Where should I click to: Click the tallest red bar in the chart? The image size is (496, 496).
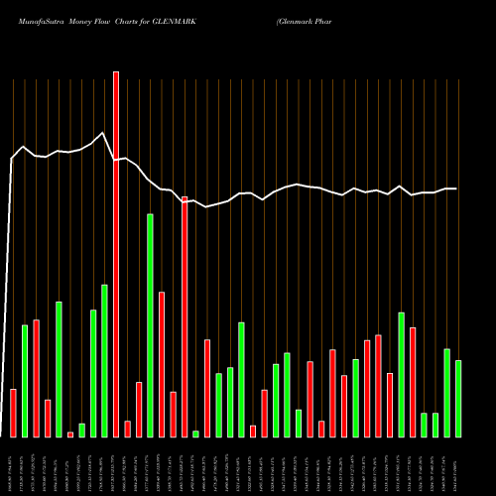(116, 254)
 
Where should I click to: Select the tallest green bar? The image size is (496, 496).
(150, 325)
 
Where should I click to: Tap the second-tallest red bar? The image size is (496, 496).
(185, 316)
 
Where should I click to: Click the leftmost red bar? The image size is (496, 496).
(13, 413)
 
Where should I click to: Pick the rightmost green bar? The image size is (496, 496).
(458, 399)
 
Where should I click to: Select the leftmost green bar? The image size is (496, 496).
(25, 381)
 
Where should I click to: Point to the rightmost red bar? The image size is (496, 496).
(413, 382)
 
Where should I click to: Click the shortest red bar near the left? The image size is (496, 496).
(70, 434)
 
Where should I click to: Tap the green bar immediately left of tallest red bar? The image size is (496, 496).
(104, 361)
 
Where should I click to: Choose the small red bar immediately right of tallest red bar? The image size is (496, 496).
(127, 429)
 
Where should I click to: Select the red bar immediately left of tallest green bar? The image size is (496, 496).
(139, 410)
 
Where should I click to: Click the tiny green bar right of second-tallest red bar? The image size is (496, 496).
(195, 434)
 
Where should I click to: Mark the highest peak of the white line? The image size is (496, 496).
(102, 133)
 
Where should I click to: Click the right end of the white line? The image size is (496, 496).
(456, 188)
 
